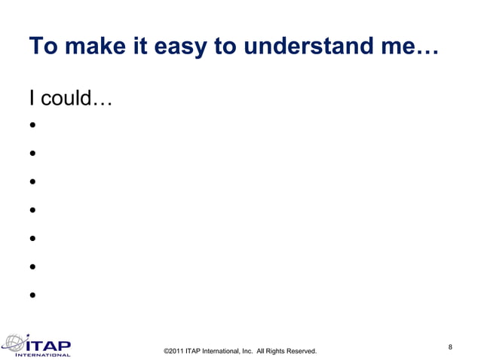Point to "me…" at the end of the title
pos(418,47)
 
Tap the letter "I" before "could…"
pos(32,98)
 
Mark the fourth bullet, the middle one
pos(33,210)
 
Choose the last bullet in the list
pos(33,294)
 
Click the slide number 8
pos(450,346)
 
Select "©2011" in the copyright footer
pos(173,351)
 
